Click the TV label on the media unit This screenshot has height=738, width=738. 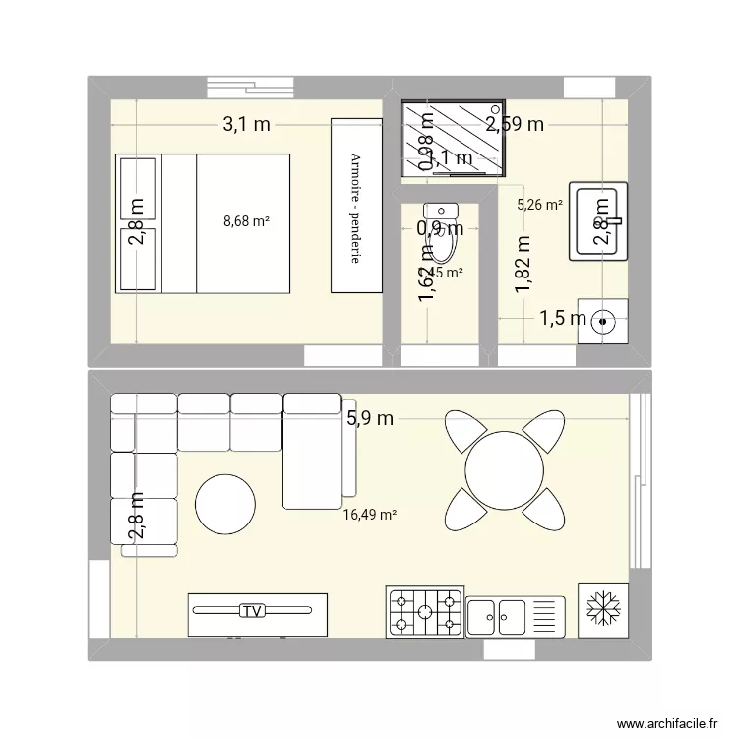point(253,611)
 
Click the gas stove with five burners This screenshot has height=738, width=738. point(425,611)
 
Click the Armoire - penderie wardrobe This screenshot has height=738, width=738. point(355,206)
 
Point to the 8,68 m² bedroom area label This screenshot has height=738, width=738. point(246,222)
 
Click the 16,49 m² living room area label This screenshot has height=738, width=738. point(369,514)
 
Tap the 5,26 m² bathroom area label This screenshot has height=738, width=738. point(539,206)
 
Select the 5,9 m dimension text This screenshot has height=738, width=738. point(369,418)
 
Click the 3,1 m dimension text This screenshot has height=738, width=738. point(245,124)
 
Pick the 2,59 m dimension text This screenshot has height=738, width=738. point(515,124)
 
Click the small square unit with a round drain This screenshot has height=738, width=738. point(603,321)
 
